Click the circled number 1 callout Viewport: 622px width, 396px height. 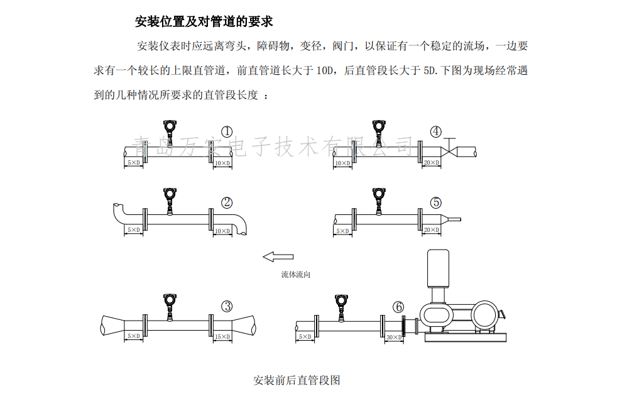pyautogui.click(x=227, y=131)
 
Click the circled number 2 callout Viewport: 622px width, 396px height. pyautogui.click(x=227, y=202)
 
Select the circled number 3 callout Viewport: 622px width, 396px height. pyautogui.click(x=227, y=306)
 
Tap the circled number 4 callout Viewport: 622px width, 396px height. pyautogui.click(x=435, y=131)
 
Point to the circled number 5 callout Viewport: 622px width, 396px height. pyautogui.click(x=435, y=202)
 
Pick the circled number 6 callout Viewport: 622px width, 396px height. pyautogui.click(x=398, y=307)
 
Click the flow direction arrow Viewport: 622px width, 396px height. pyautogui.click(x=278, y=256)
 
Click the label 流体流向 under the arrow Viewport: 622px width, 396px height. pyautogui.click(x=295, y=275)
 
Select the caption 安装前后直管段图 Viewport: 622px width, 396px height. pyautogui.click(x=297, y=380)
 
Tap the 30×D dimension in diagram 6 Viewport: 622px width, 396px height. pyautogui.click(x=393, y=337)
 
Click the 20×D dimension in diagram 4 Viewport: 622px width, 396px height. pyautogui.click(x=431, y=163)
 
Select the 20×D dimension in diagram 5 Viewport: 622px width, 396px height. pyautogui.click(x=431, y=231)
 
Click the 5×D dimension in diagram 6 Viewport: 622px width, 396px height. pyautogui.click(x=305, y=337)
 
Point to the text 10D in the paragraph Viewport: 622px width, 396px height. pyautogui.click(x=324, y=71)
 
